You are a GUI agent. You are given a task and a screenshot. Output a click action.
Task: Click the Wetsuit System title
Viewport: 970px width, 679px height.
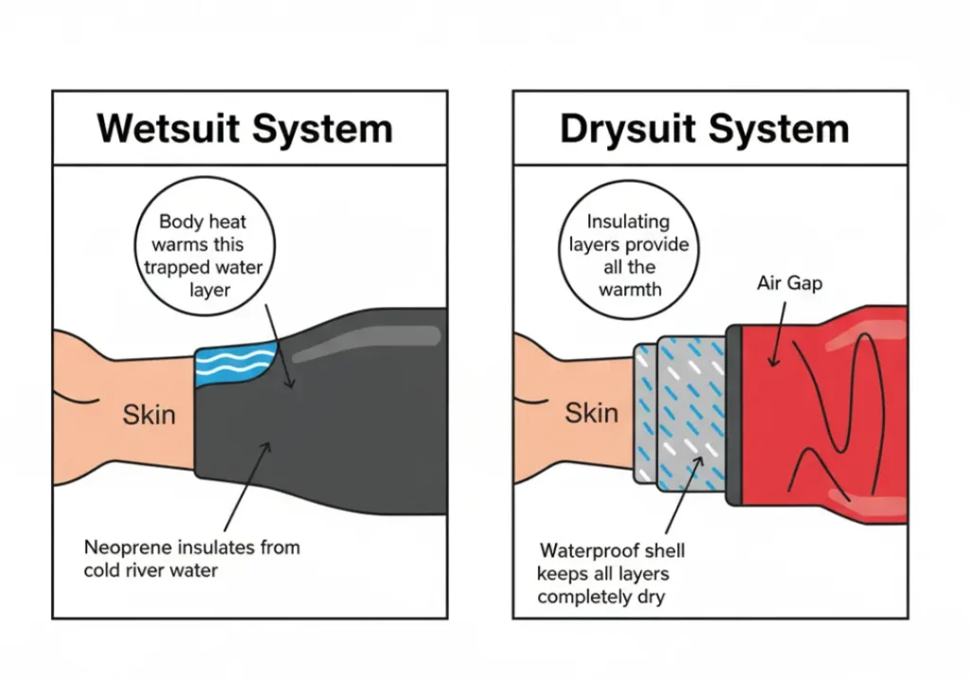pyautogui.click(x=244, y=128)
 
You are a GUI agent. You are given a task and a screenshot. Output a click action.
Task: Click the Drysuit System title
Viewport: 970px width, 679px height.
pyautogui.click(x=704, y=128)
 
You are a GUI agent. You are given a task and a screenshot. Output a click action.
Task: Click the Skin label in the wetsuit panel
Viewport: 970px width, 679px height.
pyautogui.click(x=149, y=415)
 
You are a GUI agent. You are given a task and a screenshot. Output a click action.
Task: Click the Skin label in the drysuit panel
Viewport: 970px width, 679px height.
pyautogui.click(x=591, y=413)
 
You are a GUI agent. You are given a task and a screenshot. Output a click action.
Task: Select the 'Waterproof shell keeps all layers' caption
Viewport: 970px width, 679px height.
pyautogui.click(x=612, y=574)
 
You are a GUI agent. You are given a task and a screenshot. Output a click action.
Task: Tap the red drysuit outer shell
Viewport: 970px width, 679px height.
pyautogui.click(x=834, y=417)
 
